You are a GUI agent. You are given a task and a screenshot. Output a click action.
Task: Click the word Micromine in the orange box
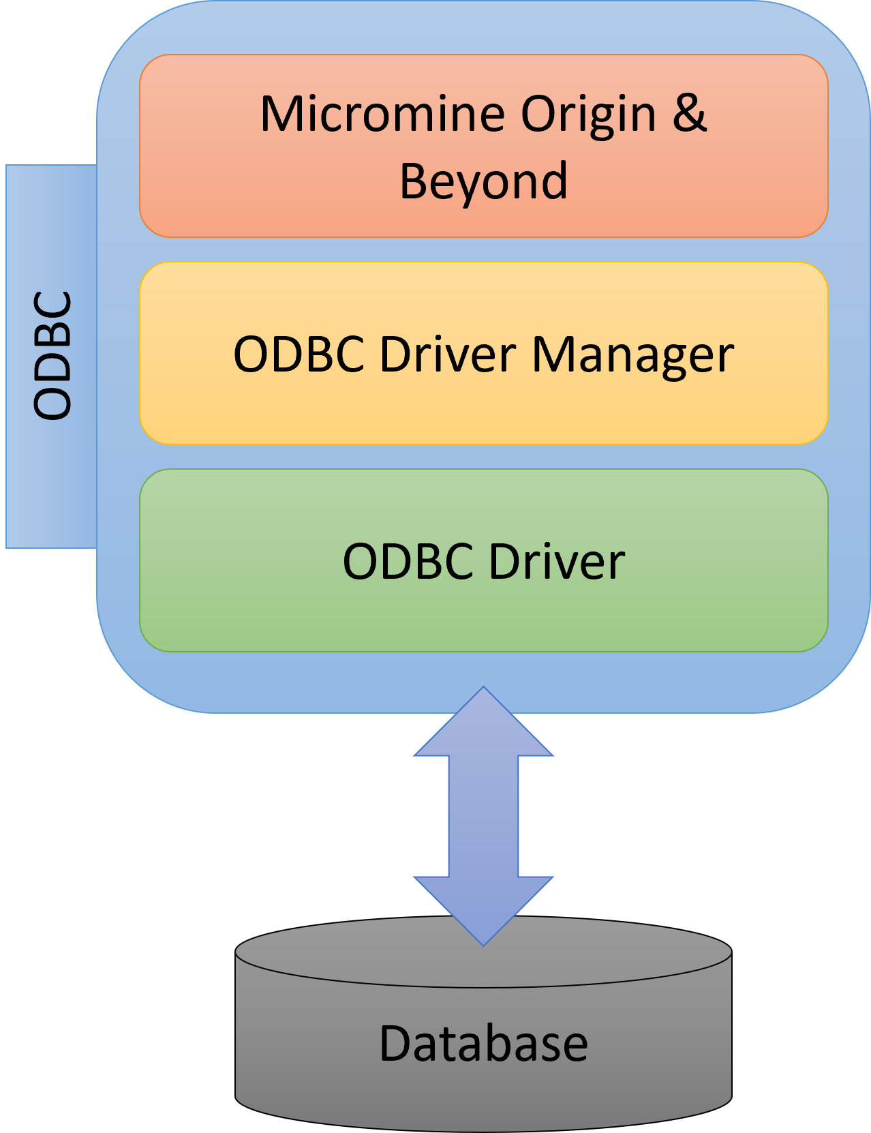pos(382,114)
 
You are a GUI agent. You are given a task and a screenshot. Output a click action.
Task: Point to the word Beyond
pos(483,181)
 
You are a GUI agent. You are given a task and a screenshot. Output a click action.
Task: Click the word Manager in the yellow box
pos(632,355)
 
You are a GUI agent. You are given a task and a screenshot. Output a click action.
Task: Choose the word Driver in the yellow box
pos(448,354)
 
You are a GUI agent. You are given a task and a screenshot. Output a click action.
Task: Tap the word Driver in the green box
pos(557,562)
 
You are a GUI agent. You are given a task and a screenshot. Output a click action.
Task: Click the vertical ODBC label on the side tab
pos(52,355)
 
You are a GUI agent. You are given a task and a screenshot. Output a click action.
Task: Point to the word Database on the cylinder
pos(483,1044)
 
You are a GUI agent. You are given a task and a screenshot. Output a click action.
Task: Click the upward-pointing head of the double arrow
pos(483,723)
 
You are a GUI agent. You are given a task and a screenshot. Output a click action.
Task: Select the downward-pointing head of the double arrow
pos(483,910)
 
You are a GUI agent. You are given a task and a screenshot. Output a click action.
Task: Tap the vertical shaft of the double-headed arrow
pos(483,816)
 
